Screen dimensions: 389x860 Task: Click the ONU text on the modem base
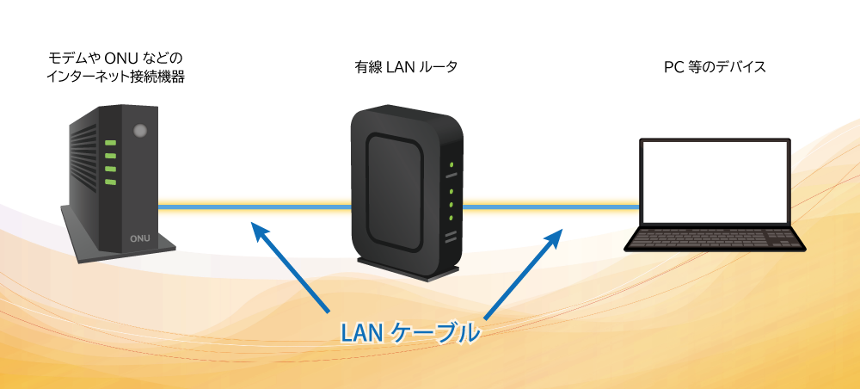coord(139,238)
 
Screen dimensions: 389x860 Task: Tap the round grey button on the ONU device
coord(141,131)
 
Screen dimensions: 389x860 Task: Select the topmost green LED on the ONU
coord(110,144)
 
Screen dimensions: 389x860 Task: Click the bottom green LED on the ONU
coord(110,182)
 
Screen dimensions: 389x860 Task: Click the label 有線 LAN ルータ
coord(405,66)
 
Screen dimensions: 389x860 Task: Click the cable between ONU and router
coord(254,207)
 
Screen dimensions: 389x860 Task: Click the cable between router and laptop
coord(550,207)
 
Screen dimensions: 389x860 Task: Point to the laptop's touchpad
coord(714,247)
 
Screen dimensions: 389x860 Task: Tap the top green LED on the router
coord(451,163)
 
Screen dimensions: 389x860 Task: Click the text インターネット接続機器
coord(116,77)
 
